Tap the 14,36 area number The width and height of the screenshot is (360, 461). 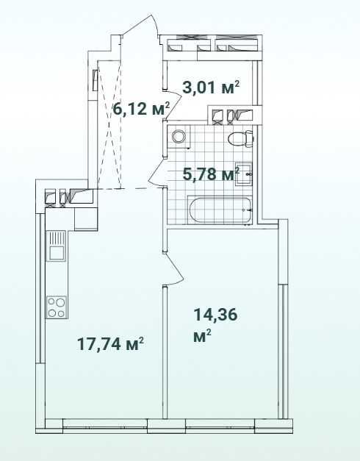tap(215, 315)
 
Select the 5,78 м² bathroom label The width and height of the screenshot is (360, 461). tap(211, 174)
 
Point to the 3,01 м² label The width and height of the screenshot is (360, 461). tap(211, 87)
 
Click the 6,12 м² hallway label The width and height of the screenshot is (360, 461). tap(142, 109)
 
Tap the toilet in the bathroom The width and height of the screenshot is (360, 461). tap(241, 138)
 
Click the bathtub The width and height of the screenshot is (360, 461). tap(220, 210)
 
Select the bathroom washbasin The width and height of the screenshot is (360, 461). tap(244, 174)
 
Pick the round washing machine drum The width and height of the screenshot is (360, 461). tap(179, 137)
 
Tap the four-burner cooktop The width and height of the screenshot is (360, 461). tap(57, 307)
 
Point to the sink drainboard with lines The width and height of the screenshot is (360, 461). tap(57, 237)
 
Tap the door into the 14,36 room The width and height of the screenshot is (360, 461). tap(174, 270)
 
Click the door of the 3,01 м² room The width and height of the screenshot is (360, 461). tap(174, 103)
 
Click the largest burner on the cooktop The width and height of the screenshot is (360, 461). tap(60, 302)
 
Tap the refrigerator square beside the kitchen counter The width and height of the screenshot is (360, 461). tap(86, 219)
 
